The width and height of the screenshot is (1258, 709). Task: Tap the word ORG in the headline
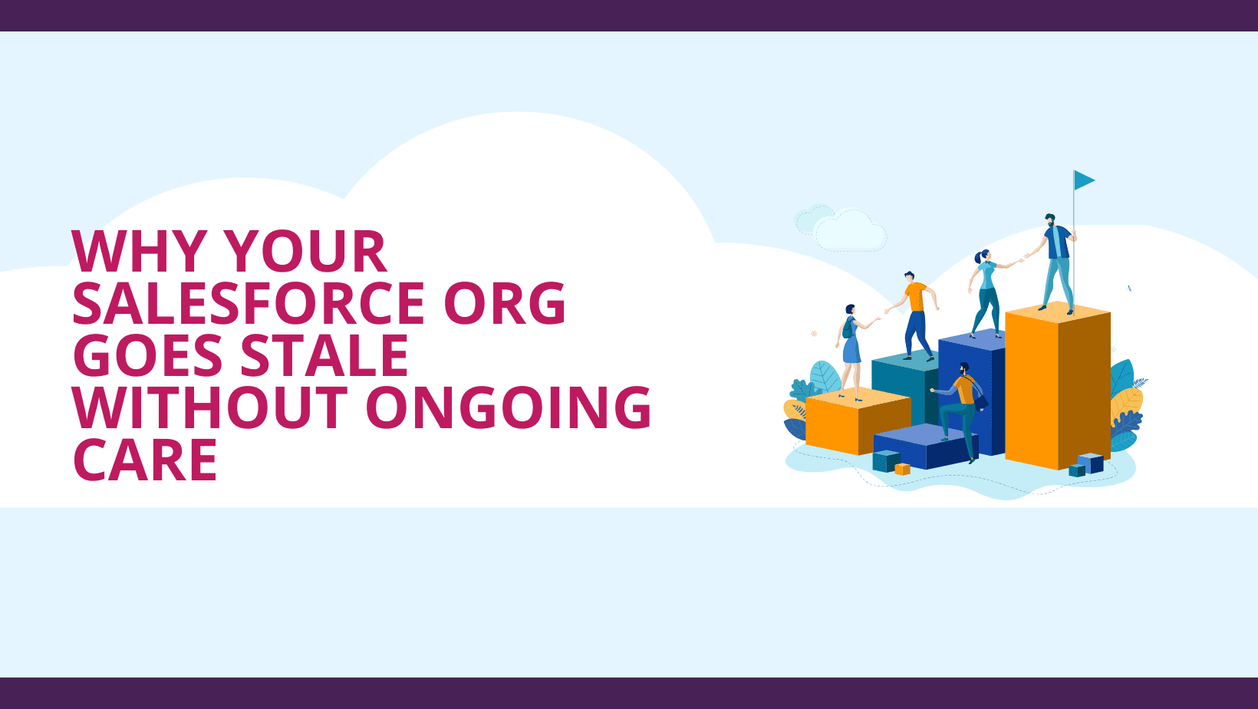(504, 303)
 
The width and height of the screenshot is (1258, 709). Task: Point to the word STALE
(324, 355)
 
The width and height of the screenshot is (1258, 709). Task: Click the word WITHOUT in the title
(206, 407)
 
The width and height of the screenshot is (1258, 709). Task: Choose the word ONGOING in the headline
(509, 407)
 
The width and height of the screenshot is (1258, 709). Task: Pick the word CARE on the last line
(145, 460)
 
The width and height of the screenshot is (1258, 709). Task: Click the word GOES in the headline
(148, 355)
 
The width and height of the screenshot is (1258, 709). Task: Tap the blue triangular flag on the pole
(1084, 180)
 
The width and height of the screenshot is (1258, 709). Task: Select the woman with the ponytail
(986, 293)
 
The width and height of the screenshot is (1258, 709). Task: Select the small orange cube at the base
(902, 469)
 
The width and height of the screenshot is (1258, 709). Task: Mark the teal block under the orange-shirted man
(904, 387)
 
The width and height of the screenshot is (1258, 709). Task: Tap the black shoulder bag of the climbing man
(980, 401)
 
